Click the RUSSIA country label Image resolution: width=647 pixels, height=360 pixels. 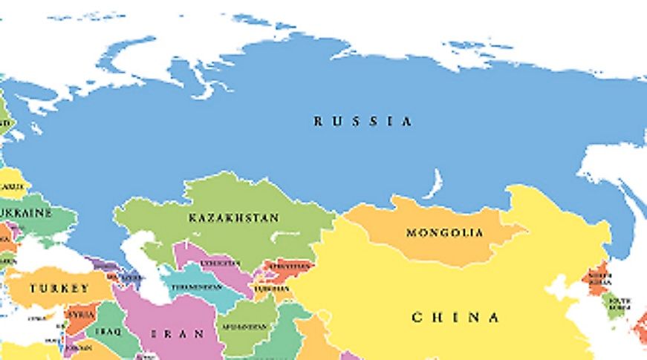[x=362, y=121]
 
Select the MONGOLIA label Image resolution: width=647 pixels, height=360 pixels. [x=444, y=232]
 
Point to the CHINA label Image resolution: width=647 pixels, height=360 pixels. [x=455, y=318]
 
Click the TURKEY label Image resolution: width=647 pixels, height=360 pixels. [x=59, y=288]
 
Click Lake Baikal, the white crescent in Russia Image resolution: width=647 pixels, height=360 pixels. [x=434, y=184]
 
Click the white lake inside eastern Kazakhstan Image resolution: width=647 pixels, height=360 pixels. [x=283, y=236]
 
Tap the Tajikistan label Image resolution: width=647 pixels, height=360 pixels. [x=270, y=288]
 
